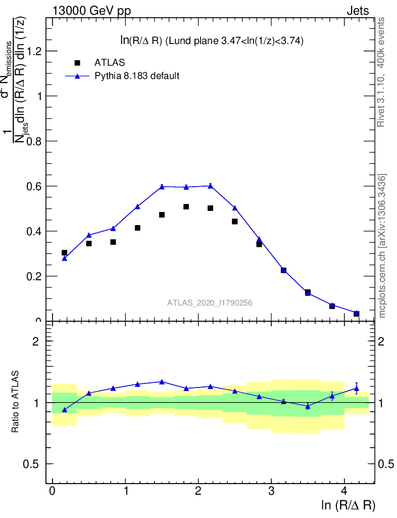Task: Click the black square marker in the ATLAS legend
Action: [77, 63]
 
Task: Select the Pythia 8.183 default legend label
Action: [137, 76]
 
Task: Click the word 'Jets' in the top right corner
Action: [358, 11]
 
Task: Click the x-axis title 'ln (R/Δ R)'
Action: [349, 505]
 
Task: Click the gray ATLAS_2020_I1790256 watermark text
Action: [210, 303]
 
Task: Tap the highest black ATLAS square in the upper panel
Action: [186, 207]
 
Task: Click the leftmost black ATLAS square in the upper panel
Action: [64, 252]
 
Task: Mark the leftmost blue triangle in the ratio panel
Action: [64, 410]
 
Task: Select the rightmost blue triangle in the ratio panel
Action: [356, 388]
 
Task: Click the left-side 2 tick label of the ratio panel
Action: [36, 341]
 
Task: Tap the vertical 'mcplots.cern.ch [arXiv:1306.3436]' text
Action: [382, 246]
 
